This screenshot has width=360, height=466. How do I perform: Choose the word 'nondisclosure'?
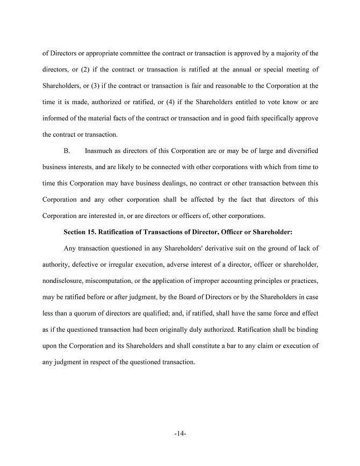[x=62, y=281]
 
